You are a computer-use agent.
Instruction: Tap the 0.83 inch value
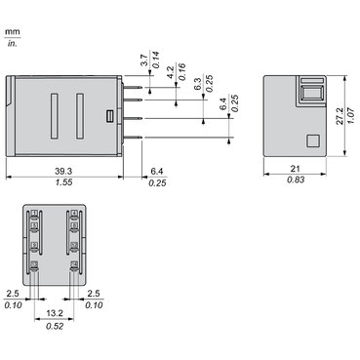[297, 182]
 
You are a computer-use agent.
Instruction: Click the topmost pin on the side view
[134, 78]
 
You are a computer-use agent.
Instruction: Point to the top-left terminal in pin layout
[34, 214]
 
